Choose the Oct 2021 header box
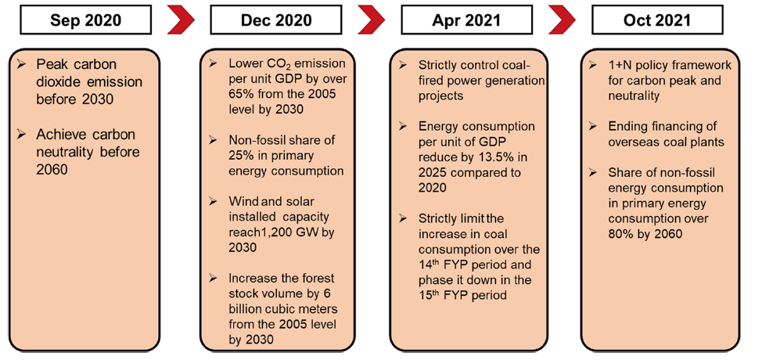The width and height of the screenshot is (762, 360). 657,21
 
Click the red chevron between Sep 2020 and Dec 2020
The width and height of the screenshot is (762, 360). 182,21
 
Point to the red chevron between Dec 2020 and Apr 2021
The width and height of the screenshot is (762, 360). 372,21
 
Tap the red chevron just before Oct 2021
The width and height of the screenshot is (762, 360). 563,21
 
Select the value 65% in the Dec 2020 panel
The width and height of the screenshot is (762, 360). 239,94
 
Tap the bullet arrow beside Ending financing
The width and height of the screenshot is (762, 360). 593,127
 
